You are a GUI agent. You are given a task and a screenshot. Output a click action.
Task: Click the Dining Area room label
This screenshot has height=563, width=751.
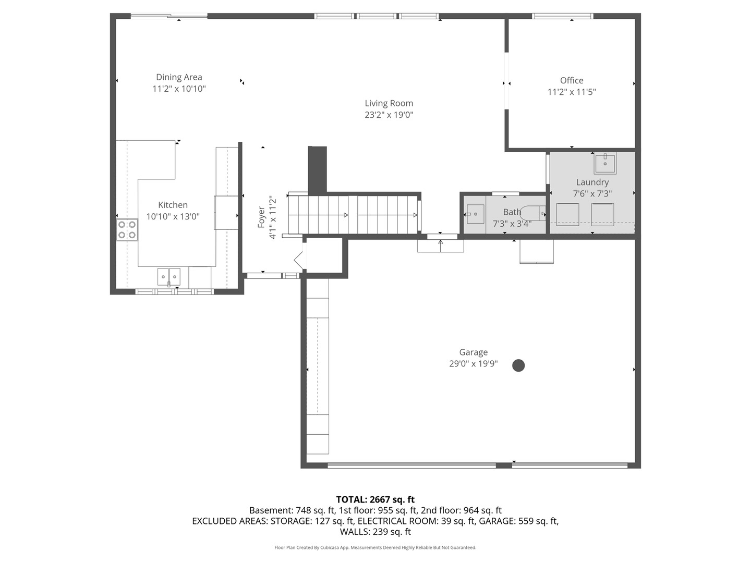click(x=179, y=77)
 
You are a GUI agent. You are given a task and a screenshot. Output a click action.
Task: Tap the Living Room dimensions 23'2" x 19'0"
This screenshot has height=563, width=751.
click(x=389, y=115)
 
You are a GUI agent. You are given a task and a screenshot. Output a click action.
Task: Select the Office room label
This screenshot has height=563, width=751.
click(x=572, y=80)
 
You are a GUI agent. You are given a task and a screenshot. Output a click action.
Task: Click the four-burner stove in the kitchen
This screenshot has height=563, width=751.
click(x=127, y=230)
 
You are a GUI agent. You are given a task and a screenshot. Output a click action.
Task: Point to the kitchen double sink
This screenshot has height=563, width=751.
click(x=168, y=276)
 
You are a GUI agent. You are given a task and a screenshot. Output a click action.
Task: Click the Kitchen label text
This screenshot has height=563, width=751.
click(x=173, y=205)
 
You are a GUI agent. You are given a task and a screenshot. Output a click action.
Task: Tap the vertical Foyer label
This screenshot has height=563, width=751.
click(x=261, y=217)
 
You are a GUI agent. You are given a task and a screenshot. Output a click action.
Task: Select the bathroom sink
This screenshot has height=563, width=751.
click(x=475, y=214)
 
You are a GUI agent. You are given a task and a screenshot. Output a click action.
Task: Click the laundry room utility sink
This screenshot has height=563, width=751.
click(x=605, y=164)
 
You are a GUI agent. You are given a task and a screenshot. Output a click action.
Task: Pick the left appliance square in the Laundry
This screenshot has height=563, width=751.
click(x=567, y=214)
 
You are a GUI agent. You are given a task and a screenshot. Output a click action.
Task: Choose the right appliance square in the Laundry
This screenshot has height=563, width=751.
click(x=602, y=214)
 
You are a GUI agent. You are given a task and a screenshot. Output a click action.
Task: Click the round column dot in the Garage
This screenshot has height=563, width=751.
click(x=518, y=365)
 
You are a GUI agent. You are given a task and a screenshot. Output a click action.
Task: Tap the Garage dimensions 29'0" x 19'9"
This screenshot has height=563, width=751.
click(x=473, y=364)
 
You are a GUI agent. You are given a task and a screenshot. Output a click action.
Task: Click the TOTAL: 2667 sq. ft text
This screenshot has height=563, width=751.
click(x=375, y=499)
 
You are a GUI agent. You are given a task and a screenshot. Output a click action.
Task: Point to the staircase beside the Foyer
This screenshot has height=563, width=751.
click(x=355, y=214)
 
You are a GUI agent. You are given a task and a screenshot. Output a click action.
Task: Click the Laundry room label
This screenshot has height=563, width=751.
click(x=592, y=182)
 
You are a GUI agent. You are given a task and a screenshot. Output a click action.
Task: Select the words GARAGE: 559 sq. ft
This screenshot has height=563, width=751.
click(x=518, y=521)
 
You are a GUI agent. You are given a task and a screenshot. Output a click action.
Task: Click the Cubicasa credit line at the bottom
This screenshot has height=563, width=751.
click(x=375, y=547)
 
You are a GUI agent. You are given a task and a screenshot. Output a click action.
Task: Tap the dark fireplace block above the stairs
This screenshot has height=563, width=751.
click(x=317, y=169)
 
